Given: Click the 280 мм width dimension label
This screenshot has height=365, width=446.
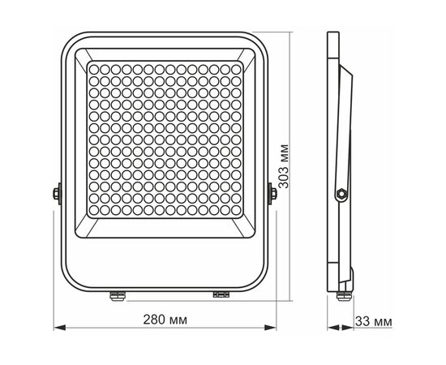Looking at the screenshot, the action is [x=165, y=320].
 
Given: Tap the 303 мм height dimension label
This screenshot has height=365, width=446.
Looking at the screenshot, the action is [x=284, y=166].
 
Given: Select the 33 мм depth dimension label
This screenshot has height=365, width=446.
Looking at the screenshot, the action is [x=374, y=322].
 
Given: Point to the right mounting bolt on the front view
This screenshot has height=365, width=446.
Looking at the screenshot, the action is [x=272, y=194].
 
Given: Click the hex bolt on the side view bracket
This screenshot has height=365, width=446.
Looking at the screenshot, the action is [x=341, y=194].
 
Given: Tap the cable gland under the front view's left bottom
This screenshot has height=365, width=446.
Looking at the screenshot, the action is [x=118, y=295].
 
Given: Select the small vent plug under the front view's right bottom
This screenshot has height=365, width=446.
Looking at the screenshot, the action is [x=221, y=294].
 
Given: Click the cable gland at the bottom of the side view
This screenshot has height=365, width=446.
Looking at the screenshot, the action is [x=344, y=296].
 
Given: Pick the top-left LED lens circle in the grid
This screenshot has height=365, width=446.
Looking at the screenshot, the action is [x=94, y=70].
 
